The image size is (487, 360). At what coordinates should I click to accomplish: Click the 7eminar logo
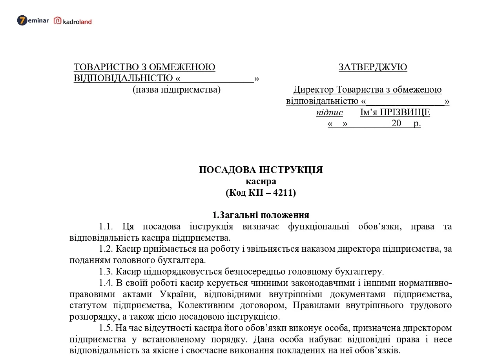(x=33, y=21)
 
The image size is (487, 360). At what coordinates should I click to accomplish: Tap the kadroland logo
(x=73, y=21)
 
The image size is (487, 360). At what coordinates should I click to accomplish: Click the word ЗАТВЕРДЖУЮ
(x=372, y=67)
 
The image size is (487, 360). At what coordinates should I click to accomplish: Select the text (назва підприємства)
(x=176, y=90)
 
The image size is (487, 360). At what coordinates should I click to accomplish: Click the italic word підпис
(x=329, y=113)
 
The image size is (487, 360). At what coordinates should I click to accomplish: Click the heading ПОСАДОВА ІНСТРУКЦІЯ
(x=261, y=170)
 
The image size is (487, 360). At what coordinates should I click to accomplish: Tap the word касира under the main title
(x=261, y=182)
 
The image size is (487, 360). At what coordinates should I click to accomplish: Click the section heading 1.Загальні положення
(x=261, y=215)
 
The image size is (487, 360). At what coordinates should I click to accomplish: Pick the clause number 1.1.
(x=106, y=227)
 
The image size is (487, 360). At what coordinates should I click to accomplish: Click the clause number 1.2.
(x=106, y=249)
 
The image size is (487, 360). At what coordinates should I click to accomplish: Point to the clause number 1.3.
(x=106, y=271)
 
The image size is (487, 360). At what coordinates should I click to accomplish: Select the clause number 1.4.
(x=106, y=283)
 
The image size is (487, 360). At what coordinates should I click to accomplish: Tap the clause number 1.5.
(x=106, y=328)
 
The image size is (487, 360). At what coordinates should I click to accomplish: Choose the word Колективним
(x=201, y=305)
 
